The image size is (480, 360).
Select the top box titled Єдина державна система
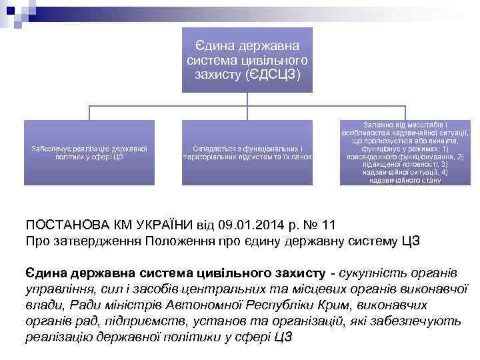point(247,60)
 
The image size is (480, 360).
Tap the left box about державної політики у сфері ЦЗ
point(89,152)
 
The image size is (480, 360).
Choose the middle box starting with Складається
point(247,152)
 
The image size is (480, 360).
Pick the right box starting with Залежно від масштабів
point(406,152)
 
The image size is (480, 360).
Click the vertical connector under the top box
point(247,99)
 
